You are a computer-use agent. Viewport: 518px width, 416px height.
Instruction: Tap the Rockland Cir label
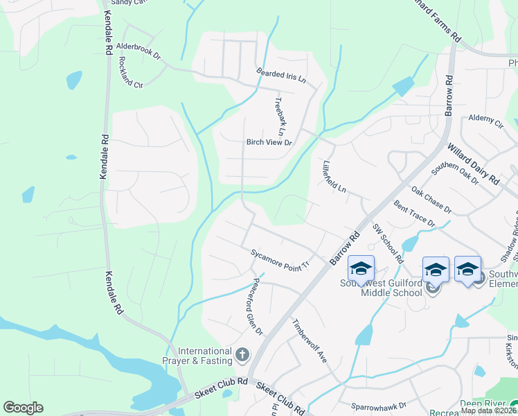129,73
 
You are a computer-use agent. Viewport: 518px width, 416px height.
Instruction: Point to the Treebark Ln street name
279,116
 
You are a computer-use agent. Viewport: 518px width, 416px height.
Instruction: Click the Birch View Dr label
269,143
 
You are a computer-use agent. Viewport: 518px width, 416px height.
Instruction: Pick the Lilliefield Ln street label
334,177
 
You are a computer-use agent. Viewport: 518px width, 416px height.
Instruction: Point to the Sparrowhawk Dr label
378,404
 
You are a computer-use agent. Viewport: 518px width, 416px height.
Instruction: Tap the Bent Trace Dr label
414,214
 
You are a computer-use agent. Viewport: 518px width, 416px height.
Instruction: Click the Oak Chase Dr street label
431,200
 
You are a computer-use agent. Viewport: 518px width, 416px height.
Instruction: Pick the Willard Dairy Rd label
474,164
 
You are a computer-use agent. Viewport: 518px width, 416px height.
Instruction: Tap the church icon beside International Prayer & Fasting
242,356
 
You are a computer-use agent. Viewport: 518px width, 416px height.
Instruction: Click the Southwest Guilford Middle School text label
381,288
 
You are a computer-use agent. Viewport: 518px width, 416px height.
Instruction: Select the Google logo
24,408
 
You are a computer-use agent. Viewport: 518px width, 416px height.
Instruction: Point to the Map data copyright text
488,410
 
